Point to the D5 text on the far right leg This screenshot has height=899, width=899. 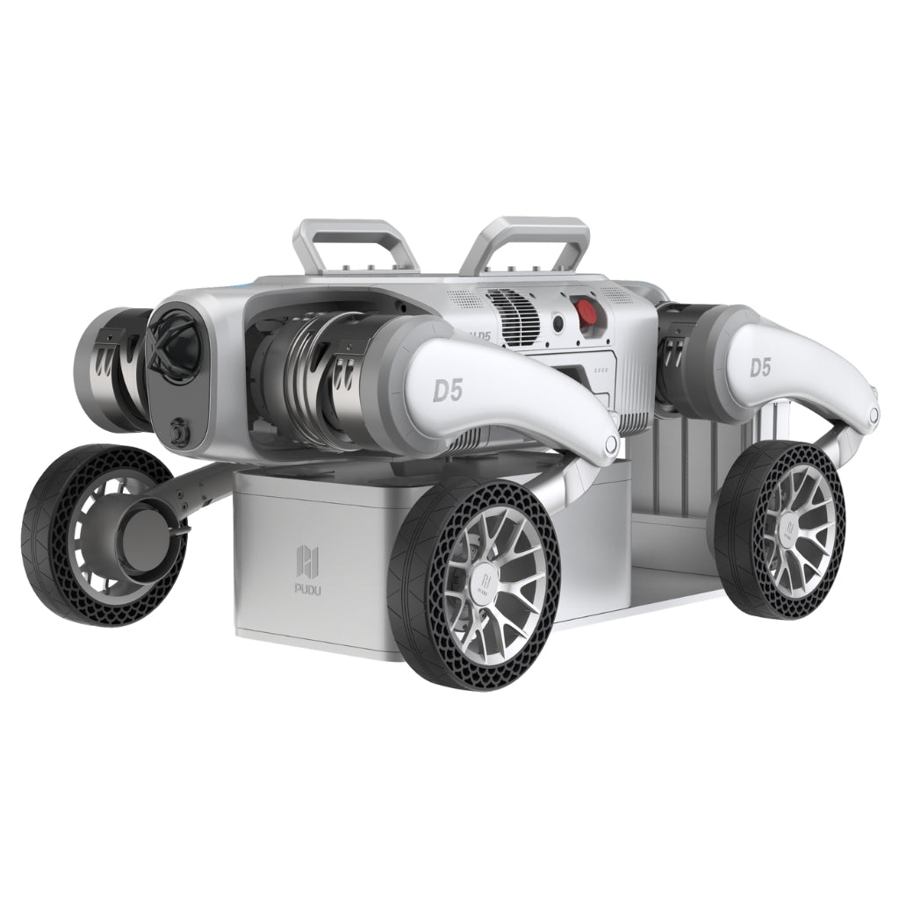[760, 367]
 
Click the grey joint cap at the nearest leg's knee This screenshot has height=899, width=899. [608, 445]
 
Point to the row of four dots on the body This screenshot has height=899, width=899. [602, 370]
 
